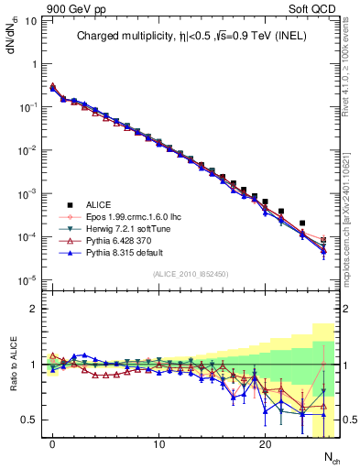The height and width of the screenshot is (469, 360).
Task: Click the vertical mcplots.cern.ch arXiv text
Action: tap(349, 211)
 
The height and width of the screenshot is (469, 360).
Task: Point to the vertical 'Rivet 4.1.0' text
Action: tap(349, 69)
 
